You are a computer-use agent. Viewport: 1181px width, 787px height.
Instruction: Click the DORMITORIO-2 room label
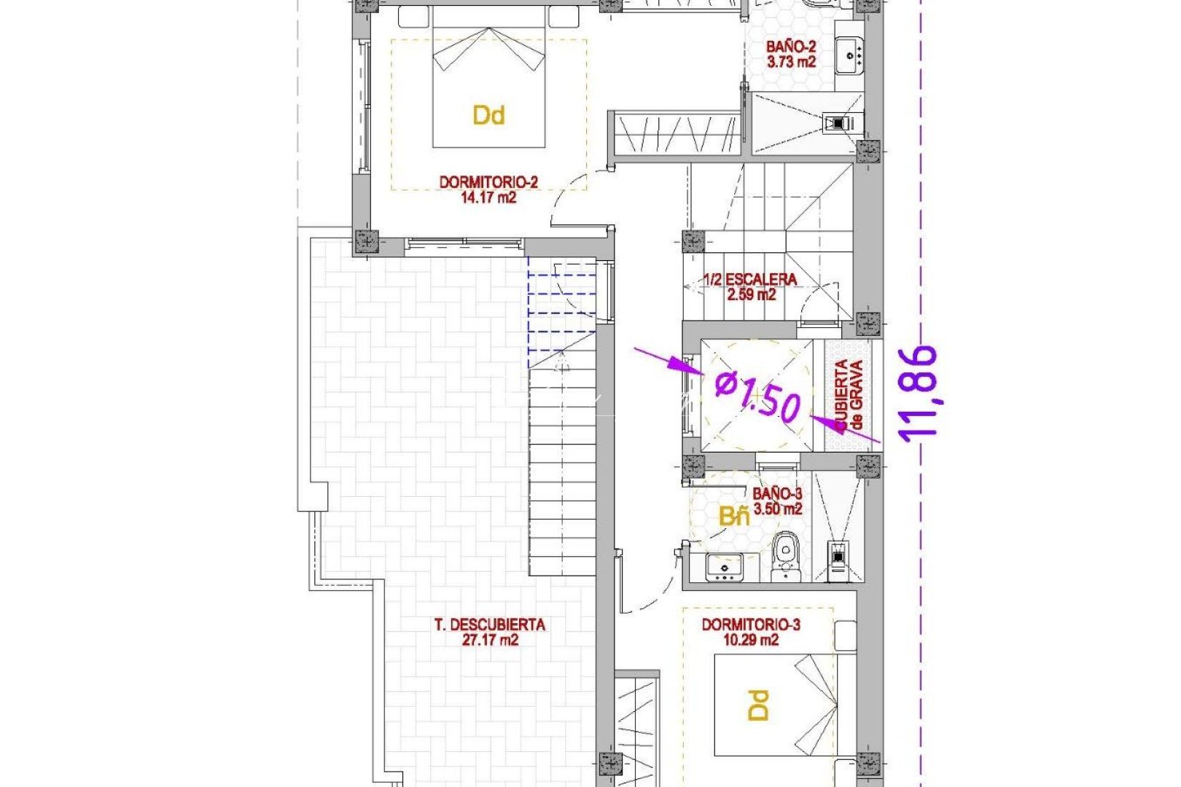(x=488, y=182)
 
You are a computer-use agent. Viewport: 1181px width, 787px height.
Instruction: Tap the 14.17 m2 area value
(x=488, y=197)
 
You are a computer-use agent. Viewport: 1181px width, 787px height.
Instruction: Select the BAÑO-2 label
(x=790, y=47)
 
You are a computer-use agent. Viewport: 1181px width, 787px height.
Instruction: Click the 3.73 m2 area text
(x=790, y=62)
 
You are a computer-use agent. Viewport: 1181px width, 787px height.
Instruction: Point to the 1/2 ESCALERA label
(x=750, y=280)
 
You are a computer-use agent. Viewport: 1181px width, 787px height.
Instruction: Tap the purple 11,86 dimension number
(x=918, y=393)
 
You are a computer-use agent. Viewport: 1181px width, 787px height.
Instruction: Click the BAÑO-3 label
(x=777, y=494)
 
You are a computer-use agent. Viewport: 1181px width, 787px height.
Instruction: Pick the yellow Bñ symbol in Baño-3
(x=733, y=517)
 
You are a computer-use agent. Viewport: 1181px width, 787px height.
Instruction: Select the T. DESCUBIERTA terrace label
(x=489, y=625)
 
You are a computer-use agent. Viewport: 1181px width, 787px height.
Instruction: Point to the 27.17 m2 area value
(x=489, y=641)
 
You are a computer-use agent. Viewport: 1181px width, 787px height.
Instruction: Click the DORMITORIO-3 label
(x=751, y=625)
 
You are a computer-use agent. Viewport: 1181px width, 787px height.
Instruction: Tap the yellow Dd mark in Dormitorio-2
(x=488, y=115)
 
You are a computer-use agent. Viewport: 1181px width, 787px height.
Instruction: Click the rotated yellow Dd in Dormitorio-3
(x=758, y=705)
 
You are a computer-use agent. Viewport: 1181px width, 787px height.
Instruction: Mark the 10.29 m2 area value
(x=751, y=641)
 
